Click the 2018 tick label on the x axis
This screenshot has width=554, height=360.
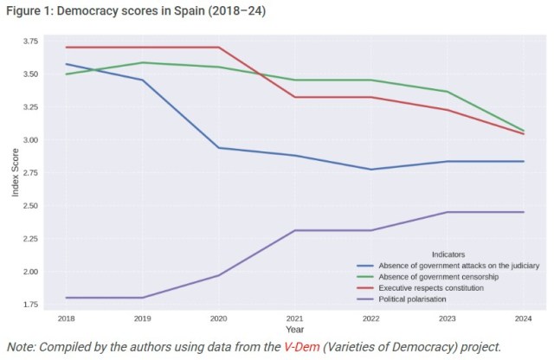tap(66, 319)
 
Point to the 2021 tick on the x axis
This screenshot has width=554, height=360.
tap(295, 319)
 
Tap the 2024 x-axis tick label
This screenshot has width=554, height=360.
tap(524, 319)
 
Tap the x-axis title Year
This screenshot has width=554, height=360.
tap(295, 330)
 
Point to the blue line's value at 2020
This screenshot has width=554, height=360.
tap(219, 148)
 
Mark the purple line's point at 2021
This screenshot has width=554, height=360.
tap(295, 230)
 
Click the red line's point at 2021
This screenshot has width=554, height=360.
tap(295, 97)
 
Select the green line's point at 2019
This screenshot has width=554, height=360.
tap(142, 62)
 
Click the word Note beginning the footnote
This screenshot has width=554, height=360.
tap(21, 347)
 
